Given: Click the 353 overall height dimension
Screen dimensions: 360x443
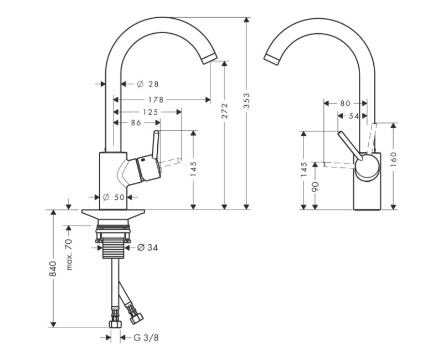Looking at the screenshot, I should (x=247, y=100).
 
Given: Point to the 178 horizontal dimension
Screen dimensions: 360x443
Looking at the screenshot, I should (x=156, y=100).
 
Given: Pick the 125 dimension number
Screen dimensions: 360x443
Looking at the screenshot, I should (x=150, y=112).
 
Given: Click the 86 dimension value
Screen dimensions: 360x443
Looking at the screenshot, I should (x=136, y=123).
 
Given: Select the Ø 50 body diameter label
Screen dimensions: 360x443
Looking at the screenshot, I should (x=116, y=197).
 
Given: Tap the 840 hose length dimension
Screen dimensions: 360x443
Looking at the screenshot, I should (x=54, y=269).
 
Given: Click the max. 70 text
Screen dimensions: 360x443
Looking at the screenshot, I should (x=70, y=254).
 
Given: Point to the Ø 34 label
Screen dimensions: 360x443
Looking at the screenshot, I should (x=147, y=248).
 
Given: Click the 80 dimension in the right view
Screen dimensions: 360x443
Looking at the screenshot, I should (x=345, y=103).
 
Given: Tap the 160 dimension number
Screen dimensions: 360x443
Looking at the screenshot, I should (x=393, y=158).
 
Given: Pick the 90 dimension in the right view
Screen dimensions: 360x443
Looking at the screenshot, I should (x=315, y=186).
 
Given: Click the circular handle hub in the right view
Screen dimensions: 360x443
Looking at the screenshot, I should (x=366, y=166).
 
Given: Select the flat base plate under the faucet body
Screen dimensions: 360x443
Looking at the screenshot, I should (x=114, y=213).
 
